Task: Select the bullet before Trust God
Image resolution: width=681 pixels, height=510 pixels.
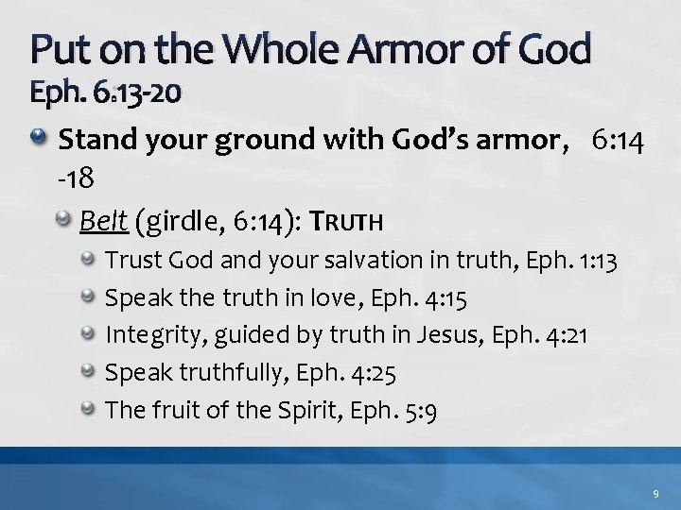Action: click(89, 256)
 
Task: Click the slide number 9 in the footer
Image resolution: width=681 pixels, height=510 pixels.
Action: click(654, 491)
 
